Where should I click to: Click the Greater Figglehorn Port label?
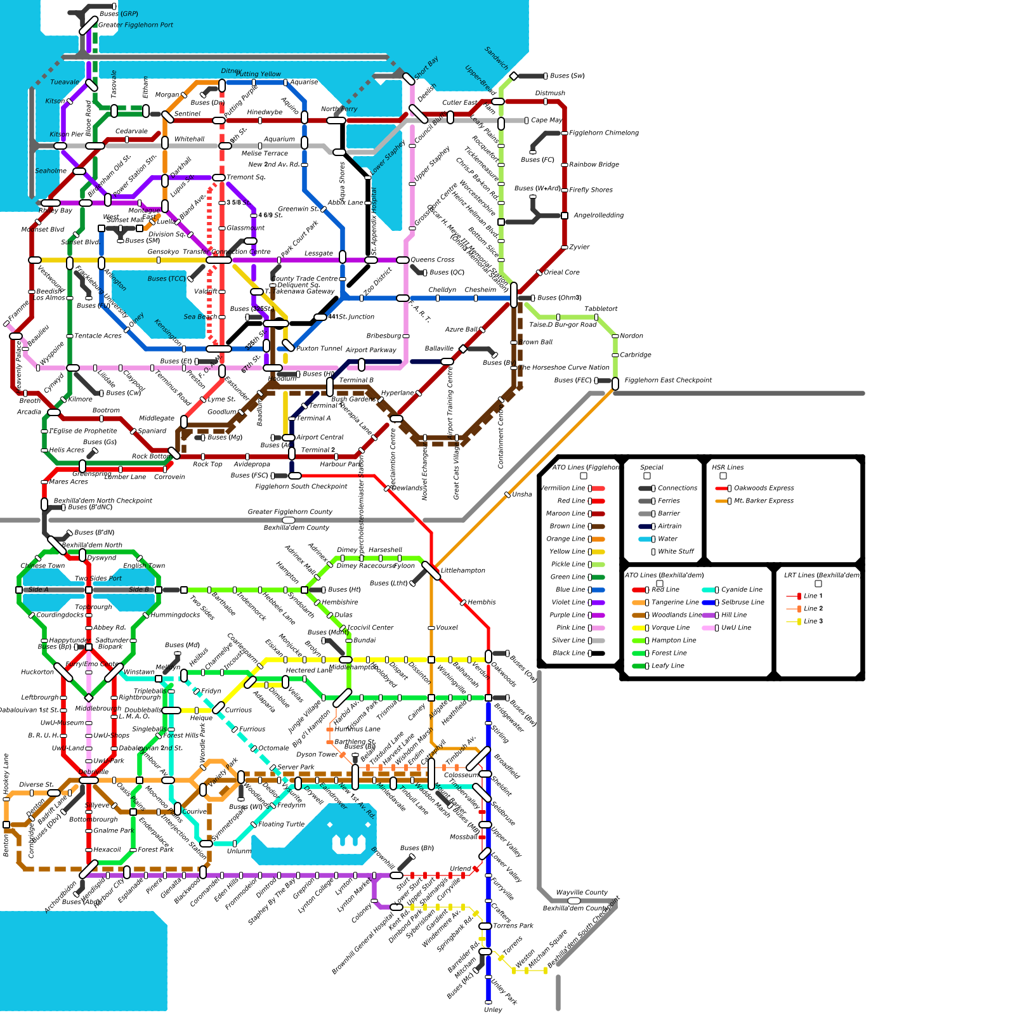136,25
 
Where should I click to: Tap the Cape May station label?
546,121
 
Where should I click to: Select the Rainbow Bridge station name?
594,165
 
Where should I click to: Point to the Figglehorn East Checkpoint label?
668,381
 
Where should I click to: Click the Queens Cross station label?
432,260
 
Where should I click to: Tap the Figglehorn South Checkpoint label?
301,487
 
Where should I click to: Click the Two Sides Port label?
98,579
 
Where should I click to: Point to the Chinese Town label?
43,566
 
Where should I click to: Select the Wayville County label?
582,893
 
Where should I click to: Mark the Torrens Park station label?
513,926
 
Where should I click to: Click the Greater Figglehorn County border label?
290,512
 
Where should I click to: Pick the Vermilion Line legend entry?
563,488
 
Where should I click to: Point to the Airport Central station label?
320,438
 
